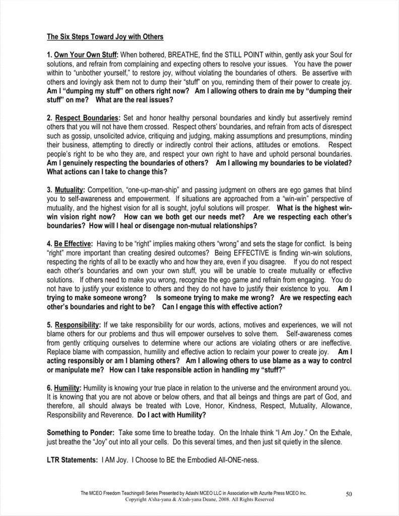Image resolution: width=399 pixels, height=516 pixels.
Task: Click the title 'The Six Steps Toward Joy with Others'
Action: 105,37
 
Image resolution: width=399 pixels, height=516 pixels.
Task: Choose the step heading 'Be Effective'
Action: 73,244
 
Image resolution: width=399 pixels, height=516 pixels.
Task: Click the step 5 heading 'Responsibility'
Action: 77,325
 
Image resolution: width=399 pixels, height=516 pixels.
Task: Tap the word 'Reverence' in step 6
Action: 115,415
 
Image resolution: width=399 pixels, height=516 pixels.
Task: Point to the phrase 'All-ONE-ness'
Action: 237,460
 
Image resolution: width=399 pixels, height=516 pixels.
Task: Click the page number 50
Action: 349,494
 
